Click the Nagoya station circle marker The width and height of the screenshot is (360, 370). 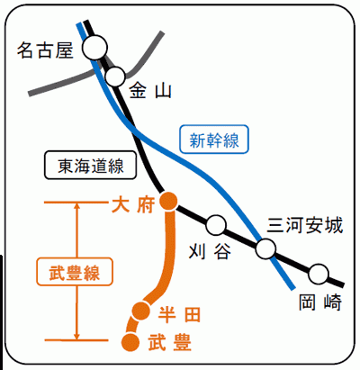point(94,48)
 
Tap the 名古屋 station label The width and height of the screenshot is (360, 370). point(45,50)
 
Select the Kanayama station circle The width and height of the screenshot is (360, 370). point(115,77)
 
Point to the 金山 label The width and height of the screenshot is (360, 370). point(150,91)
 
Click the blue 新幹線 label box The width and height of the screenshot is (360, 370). point(214,140)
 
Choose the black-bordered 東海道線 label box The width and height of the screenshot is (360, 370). point(90,166)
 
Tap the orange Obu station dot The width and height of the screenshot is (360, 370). point(168,201)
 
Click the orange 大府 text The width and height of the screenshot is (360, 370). point(133,205)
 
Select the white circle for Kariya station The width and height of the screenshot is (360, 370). point(216,225)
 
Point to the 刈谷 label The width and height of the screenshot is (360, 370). point(210,251)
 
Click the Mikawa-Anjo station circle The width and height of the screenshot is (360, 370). point(265,248)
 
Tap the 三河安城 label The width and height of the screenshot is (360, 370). point(305,225)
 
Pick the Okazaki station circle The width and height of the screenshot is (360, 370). point(319,274)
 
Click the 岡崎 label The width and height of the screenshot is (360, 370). point(320,302)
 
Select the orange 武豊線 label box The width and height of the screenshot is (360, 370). point(75,271)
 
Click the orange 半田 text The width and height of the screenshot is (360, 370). point(179,314)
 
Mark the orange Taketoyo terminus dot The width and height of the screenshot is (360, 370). point(130,342)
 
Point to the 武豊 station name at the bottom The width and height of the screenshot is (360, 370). point(170,343)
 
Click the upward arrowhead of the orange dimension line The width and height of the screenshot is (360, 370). point(77,205)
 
